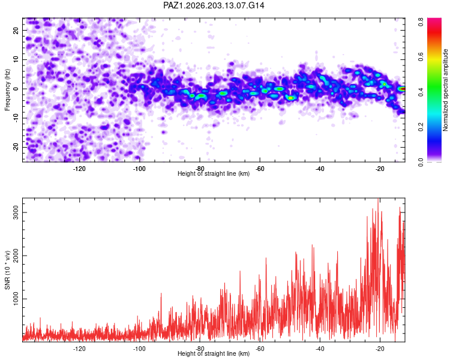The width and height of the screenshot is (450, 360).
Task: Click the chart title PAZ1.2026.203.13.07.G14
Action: point(214,5)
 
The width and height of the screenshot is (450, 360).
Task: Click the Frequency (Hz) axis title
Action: point(7,90)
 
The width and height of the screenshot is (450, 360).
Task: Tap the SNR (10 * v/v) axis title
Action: point(7,270)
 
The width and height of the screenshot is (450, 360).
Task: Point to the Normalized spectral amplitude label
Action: point(445,90)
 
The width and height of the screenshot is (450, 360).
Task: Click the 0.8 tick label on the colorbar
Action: point(421,22)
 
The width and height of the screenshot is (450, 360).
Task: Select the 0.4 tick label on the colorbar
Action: point(421,92)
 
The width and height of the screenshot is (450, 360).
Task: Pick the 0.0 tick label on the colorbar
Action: point(421,163)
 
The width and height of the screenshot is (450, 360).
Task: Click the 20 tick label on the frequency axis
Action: point(16,31)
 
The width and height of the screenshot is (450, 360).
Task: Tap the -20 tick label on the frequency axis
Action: point(16,147)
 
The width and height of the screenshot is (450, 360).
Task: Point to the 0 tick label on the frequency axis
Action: point(16,89)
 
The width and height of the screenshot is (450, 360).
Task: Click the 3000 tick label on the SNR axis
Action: point(16,212)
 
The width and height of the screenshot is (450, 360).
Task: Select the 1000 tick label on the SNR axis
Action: point(16,299)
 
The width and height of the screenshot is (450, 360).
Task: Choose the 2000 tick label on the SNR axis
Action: point(16,256)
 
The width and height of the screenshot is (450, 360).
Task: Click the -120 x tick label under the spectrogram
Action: point(79,169)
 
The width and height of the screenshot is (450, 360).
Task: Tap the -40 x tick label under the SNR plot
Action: point(320,349)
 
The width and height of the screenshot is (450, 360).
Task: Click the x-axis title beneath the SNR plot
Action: point(214,353)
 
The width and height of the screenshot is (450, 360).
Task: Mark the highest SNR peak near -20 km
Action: point(378,199)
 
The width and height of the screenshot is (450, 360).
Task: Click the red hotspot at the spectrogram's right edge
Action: point(402,89)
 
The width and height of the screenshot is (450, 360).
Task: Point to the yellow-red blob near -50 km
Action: point(291,98)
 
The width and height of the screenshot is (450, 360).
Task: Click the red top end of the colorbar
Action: point(434,20)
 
